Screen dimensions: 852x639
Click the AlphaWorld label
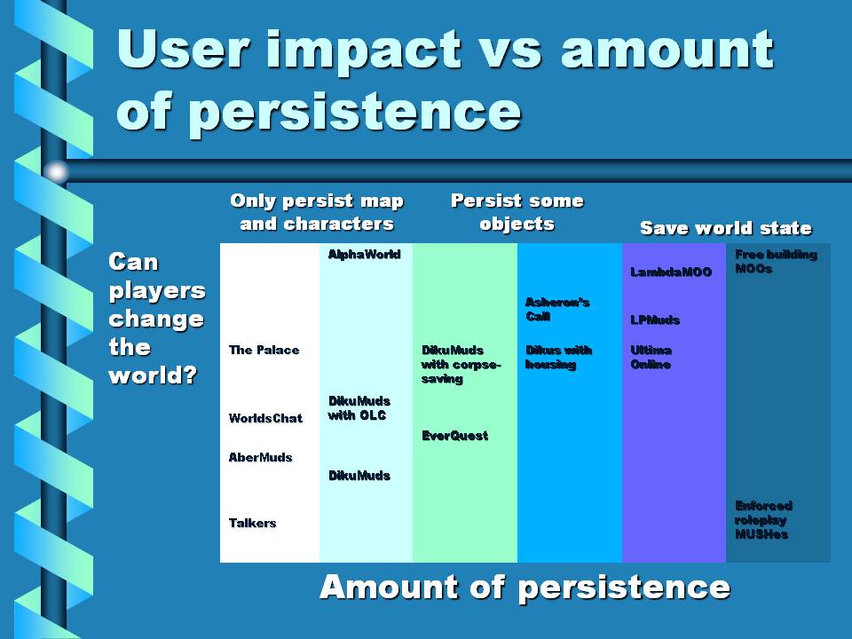pos(365,255)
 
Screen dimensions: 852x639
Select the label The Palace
pos(264,350)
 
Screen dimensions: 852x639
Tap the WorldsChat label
pos(265,418)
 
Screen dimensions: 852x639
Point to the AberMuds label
pos(261,458)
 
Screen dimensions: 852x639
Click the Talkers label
pos(253,524)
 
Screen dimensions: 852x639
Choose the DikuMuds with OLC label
pos(359,408)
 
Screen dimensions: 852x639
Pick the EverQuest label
pos(455,435)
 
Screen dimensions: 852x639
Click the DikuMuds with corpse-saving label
pos(461,364)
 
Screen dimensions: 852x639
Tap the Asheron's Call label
pos(557,309)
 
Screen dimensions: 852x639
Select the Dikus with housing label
pos(558,357)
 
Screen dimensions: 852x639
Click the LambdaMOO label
pos(671,272)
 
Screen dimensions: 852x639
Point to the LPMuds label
pos(655,320)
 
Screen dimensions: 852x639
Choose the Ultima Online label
pos(651,357)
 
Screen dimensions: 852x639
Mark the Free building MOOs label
pos(776,261)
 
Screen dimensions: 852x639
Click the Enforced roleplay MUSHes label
pos(763,520)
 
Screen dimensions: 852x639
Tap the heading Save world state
pos(726,228)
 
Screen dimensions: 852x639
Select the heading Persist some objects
pos(517,212)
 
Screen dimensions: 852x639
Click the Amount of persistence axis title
pos(525,588)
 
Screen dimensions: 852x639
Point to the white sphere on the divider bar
pos(56,171)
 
